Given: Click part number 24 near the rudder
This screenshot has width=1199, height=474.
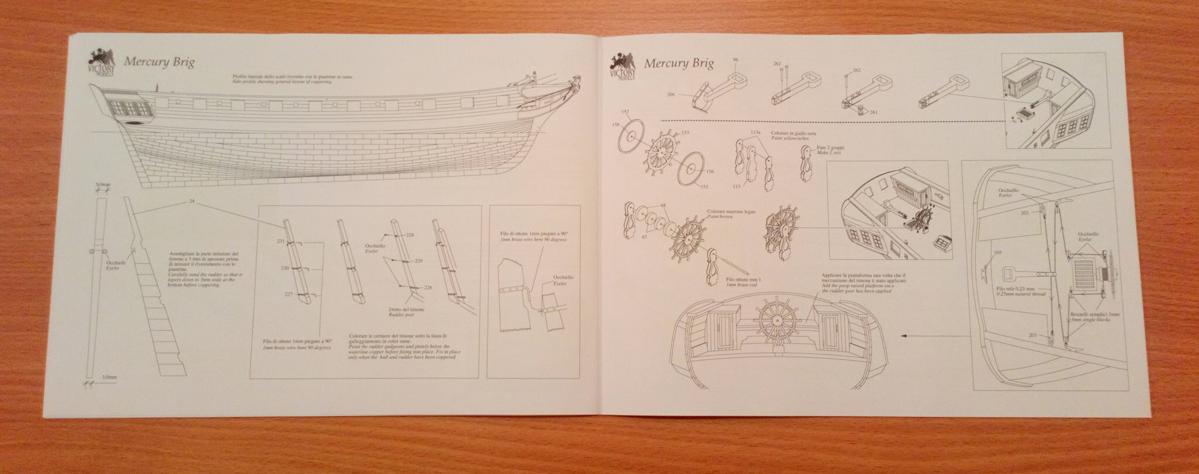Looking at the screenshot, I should click(x=192, y=201).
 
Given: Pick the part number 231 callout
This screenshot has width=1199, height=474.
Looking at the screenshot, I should click(x=281, y=241).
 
